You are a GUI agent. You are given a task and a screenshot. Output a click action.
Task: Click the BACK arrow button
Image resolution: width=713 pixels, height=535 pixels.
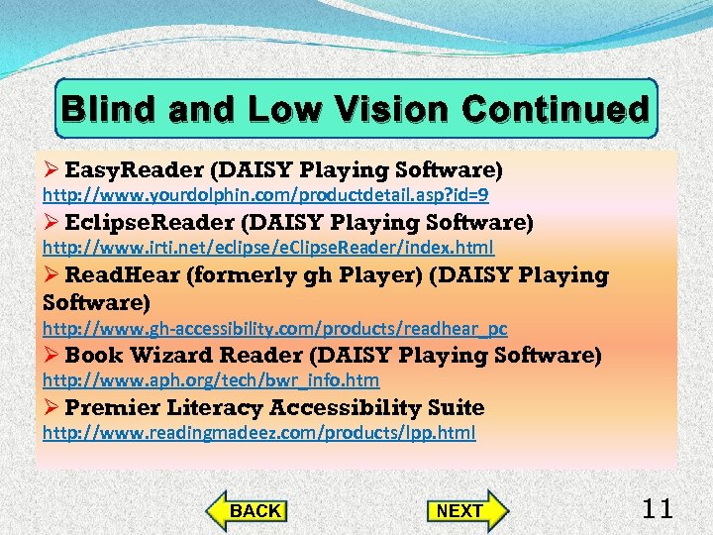(x=248, y=510)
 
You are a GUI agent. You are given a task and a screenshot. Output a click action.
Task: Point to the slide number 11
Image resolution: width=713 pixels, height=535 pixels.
(x=658, y=509)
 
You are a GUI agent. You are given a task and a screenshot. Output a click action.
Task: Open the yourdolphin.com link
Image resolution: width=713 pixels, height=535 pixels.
(x=264, y=195)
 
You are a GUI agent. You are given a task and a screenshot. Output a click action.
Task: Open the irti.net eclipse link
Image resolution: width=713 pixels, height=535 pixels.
(x=267, y=247)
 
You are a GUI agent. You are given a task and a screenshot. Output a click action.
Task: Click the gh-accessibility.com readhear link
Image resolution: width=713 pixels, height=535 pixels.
(x=274, y=328)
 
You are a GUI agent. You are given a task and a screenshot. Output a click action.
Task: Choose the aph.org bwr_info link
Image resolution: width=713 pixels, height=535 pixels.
(x=210, y=379)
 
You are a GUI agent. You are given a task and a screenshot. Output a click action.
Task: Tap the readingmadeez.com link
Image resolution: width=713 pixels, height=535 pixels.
(x=258, y=432)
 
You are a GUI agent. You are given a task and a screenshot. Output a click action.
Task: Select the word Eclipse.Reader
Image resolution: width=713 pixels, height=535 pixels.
(x=149, y=222)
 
